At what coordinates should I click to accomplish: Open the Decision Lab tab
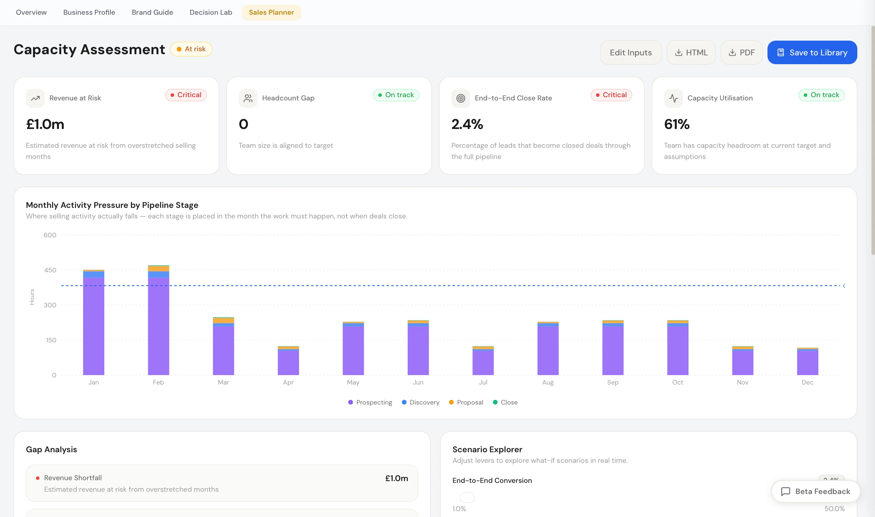211,12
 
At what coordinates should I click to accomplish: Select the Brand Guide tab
152,12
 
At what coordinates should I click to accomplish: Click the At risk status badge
191,49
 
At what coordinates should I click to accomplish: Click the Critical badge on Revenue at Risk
186,95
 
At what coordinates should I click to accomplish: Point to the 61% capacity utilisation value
677,124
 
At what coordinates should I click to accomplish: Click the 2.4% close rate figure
467,124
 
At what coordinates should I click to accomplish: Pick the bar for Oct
678,348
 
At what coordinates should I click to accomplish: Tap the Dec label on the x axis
807,382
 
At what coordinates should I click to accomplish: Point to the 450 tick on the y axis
50,270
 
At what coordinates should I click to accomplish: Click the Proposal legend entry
466,402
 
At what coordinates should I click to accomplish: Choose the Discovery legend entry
420,402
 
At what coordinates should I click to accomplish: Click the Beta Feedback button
816,491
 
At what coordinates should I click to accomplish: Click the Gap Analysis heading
51,449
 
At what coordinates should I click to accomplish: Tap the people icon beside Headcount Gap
248,98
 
